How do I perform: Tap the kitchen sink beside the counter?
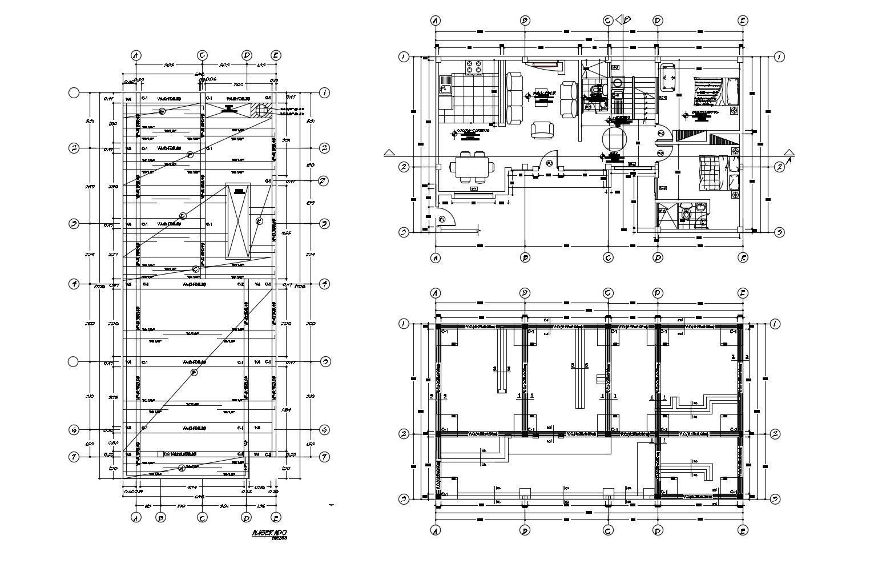445,89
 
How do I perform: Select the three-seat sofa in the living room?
514,98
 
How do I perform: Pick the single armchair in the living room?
542,130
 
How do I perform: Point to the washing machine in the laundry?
617,83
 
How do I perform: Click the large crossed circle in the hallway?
614,139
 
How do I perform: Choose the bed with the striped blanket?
713,91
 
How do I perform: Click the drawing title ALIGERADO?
269,533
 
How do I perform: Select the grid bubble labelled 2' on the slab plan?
323,182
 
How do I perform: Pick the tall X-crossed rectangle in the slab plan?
237,221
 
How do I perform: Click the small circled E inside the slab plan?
259,221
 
